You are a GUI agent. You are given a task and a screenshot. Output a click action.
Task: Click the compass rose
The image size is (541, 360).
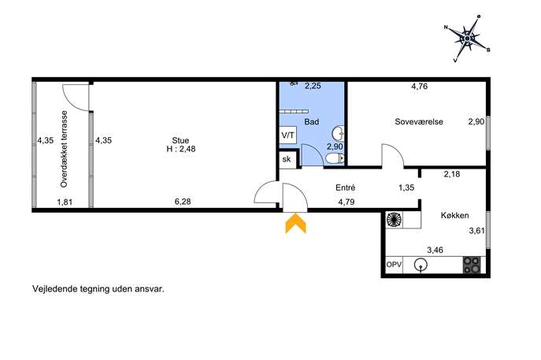coord(467,38)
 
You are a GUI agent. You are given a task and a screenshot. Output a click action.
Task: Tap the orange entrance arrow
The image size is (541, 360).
coord(295,223)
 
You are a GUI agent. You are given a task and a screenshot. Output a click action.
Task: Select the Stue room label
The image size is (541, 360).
coord(181,140)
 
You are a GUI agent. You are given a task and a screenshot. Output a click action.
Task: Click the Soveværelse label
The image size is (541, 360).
coord(419,121)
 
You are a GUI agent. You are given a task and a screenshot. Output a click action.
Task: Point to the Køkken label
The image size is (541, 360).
coord(454,215)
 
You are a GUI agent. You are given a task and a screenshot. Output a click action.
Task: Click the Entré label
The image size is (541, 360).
coord(346,187)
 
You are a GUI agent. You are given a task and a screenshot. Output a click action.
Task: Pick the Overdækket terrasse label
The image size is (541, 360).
coord(64,149)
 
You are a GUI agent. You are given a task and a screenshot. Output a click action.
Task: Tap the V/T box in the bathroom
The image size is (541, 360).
coord(288,135)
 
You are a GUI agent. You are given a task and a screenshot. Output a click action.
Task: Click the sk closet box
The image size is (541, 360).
coord(287,159)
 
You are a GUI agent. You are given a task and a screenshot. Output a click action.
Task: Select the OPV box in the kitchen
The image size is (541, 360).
coord(394,265)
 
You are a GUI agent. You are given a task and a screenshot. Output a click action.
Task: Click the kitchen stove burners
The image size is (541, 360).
coord(471,265)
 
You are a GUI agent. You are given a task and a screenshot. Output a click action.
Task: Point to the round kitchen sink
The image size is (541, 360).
coord(421,265)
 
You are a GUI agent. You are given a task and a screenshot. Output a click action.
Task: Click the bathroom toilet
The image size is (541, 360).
coord(335,158)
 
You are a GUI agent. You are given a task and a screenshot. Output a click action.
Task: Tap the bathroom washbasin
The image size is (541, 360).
coord(338,134)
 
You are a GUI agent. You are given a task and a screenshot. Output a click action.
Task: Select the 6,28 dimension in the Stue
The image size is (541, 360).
coord(183,202)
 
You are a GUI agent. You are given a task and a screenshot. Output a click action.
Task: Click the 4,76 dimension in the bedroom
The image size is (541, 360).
coord(420,87)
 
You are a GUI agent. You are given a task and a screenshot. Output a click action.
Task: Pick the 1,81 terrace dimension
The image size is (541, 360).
coord(65,202)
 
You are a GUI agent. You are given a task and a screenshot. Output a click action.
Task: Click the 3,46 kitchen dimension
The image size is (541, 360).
coord(435,250)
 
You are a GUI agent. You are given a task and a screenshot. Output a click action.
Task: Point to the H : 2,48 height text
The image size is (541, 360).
coord(181,149)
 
